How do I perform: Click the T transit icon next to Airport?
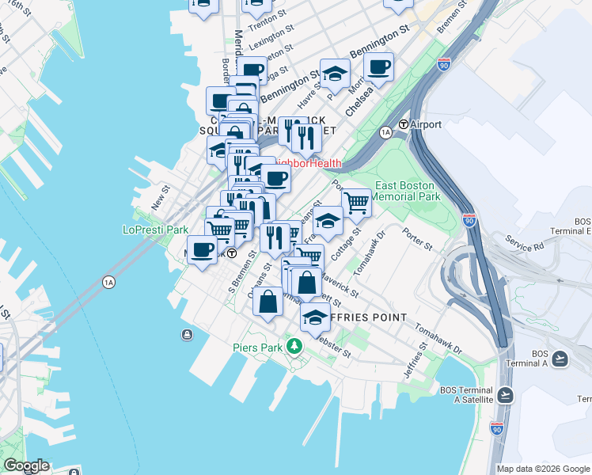(x=403, y=124)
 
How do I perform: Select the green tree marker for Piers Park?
(x=294, y=346)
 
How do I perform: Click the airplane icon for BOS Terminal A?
(x=560, y=359)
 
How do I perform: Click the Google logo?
(x=25, y=466)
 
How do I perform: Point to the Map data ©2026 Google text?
(x=543, y=469)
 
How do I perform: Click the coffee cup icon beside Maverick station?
(x=203, y=250)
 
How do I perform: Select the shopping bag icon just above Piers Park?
(x=268, y=302)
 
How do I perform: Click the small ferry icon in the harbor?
(x=187, y=334)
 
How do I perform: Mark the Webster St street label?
(x=335, y=349)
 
